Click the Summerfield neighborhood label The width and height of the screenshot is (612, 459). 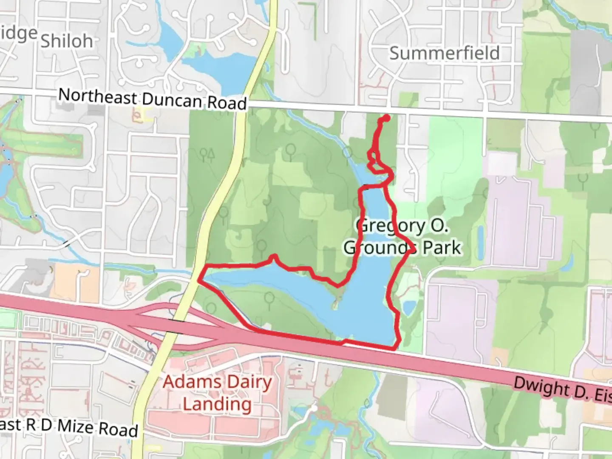click(444, 53)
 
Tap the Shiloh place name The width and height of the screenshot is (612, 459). click(67, 41)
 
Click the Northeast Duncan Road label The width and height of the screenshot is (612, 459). click(152, 99)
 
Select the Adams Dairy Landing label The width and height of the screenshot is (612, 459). click(217, 393)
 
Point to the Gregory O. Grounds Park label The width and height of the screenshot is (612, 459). click(402, 236)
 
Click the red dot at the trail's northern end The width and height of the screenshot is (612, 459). click(386, 118)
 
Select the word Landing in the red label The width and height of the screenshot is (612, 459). click(217, 404)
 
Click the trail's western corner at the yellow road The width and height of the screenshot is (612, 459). click(199, 280)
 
